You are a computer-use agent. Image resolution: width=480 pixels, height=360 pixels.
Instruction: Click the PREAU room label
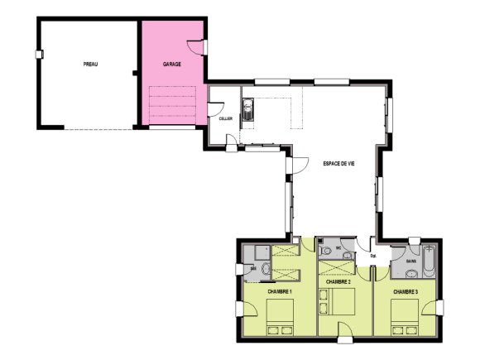(91, 64)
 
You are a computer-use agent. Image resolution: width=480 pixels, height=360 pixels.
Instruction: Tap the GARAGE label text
(172, 64)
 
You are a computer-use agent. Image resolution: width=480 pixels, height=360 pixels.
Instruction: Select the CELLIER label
(225, 118)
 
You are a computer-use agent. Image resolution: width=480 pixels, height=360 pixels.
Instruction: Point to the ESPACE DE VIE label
(338, 163)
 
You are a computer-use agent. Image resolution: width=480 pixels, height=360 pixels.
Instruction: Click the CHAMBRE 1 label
(280, 291)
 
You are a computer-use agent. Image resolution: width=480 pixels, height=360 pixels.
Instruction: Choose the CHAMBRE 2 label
(339, 282)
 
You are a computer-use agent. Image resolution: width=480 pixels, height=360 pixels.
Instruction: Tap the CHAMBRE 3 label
(406, 291)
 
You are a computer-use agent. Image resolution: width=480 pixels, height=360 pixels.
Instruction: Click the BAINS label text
(410, 262)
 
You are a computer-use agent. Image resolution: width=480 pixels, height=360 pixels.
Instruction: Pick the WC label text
(339, 246)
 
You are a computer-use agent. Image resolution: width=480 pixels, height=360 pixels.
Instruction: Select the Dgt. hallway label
(373, 256)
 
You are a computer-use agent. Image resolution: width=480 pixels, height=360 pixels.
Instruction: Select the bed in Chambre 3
(405, 317)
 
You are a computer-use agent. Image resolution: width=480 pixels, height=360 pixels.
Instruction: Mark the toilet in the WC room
(326, 250)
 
